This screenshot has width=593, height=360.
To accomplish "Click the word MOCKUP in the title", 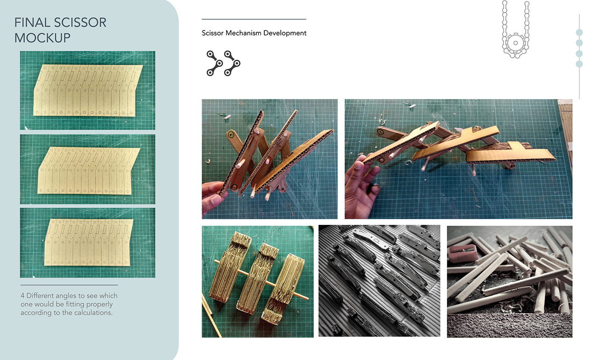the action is (x=42, y=38).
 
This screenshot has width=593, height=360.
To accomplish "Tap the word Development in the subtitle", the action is (x=285, y=33).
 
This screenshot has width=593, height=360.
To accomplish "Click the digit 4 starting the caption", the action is (x=22, y=296).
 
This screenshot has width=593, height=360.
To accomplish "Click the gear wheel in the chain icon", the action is (x=515, y=43).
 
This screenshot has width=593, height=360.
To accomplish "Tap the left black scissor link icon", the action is (x=214, y=63).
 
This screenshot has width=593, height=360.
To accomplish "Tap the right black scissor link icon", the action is (x=232, y=63).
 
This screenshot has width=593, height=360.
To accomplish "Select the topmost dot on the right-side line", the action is (x=579, y=32).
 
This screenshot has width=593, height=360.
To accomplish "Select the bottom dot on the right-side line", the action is (x=579, y=64).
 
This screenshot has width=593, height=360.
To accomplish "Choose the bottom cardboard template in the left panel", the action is (x=89, y=242).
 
